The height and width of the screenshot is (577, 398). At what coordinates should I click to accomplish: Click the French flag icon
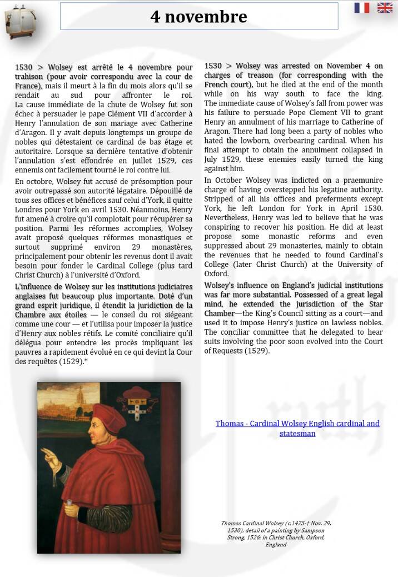point(362,8)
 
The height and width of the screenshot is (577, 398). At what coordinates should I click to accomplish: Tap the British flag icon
point(385,8)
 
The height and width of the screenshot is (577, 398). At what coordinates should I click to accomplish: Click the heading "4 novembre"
point(198,16)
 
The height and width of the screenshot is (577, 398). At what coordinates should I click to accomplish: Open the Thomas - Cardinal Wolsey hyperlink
point(297,428)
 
